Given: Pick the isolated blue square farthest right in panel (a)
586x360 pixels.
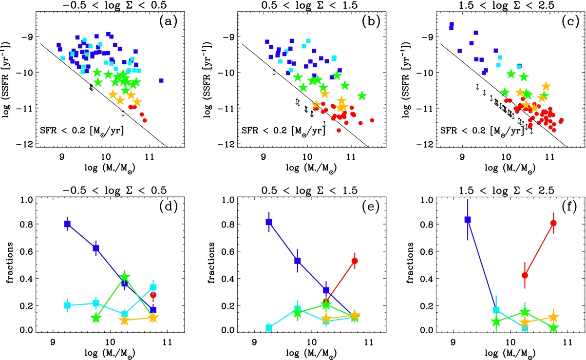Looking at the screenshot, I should click(x=161, y=80).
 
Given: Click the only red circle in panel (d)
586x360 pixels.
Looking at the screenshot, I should click(x=153, y=295).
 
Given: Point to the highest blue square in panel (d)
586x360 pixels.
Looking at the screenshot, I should click(x=67, y=224).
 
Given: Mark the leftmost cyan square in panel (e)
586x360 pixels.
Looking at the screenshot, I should click(x=268, y=327).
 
